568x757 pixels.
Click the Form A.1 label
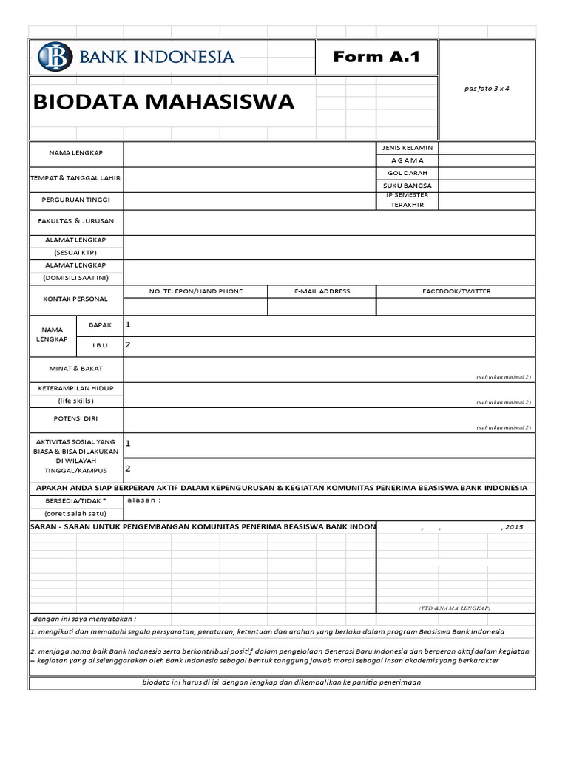coord(376,57)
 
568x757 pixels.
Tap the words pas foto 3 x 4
coord(487,89)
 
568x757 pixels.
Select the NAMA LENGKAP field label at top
coord(76,152)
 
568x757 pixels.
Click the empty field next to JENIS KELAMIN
coord(487,148)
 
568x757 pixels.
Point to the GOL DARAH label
coord(407,172)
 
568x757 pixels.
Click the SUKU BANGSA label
coord(407,186)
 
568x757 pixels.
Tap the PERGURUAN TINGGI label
coord(76,200)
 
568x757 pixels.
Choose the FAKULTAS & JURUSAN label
coord(76,221)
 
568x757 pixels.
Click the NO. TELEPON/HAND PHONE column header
coord(196,291)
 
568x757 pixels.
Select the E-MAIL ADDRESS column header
coord(322,291)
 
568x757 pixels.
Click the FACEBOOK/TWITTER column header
coord(456,291)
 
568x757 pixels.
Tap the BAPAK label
coord(100,325)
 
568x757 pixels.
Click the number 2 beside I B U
coord(128,344)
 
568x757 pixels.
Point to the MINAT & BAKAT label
coord(76,367)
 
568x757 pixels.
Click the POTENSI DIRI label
coord(76,418)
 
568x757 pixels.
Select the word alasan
coord(143,500)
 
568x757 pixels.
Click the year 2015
coord(512,527)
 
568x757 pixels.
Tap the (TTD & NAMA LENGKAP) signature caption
coord(454,607)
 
